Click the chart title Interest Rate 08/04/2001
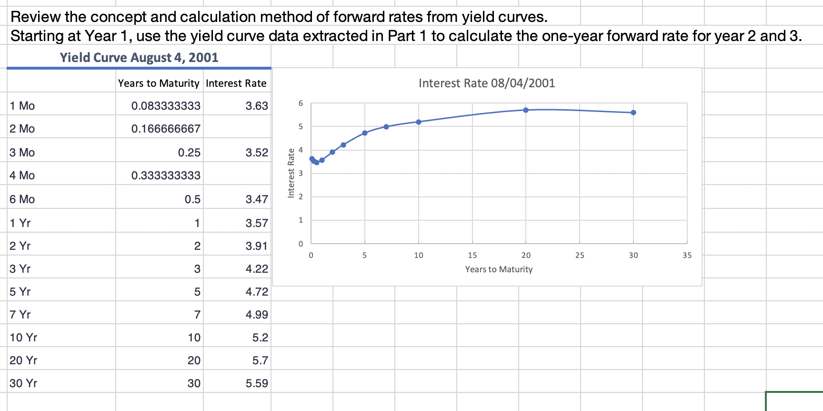point(486,83)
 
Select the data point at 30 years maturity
point(633,113)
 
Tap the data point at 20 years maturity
point(526,110)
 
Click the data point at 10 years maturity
point(419,122)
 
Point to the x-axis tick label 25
point(579,256)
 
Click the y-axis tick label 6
point(301,103)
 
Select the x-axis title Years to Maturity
point(499,269)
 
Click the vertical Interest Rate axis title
point(291,173)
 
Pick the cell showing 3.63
point(257,106)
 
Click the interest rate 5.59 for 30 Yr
point(257,383)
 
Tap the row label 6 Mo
point(22,199)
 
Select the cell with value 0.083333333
point(166,106)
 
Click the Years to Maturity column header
point(159,83)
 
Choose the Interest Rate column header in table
point(236,83)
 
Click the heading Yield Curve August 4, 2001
point(139,58)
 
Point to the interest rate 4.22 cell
point(257,269)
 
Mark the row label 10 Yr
point(23,338)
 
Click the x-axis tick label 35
point(687,256)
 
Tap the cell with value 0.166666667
point(166,129)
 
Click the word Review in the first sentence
point(36,17)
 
